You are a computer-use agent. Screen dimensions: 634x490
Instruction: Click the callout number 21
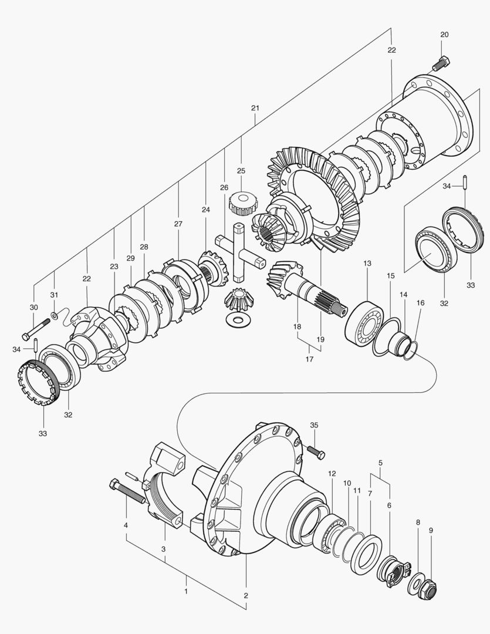click(255, 108)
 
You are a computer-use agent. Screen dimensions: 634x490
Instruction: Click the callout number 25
click(241, 171)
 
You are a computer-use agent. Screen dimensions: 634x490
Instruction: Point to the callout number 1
click(186, 591)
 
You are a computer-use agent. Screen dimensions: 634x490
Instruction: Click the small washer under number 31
click(54, 316)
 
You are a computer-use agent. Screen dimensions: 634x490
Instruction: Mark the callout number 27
click(178, 224)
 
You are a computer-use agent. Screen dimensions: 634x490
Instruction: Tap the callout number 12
click(332, 473)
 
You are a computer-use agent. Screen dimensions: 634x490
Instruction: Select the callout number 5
click(380, 463)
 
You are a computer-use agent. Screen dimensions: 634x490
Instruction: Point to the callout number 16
click(420, 303)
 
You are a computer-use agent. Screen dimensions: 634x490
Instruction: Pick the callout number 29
click(130, 258)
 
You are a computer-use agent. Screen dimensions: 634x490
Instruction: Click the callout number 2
click(245, 595)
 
